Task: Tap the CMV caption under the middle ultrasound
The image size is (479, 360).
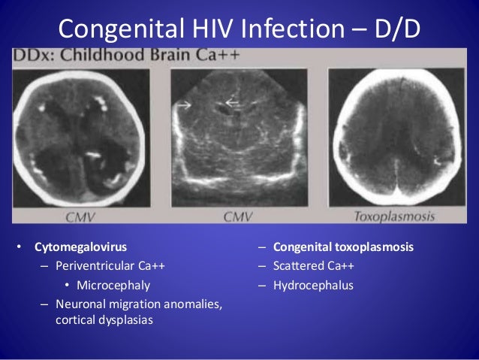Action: (238, 216)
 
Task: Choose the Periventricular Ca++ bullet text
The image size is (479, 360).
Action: (110, 266)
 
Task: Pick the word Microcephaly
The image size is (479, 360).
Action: (113, 286)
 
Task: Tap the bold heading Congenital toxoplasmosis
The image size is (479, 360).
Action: (343, 247)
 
